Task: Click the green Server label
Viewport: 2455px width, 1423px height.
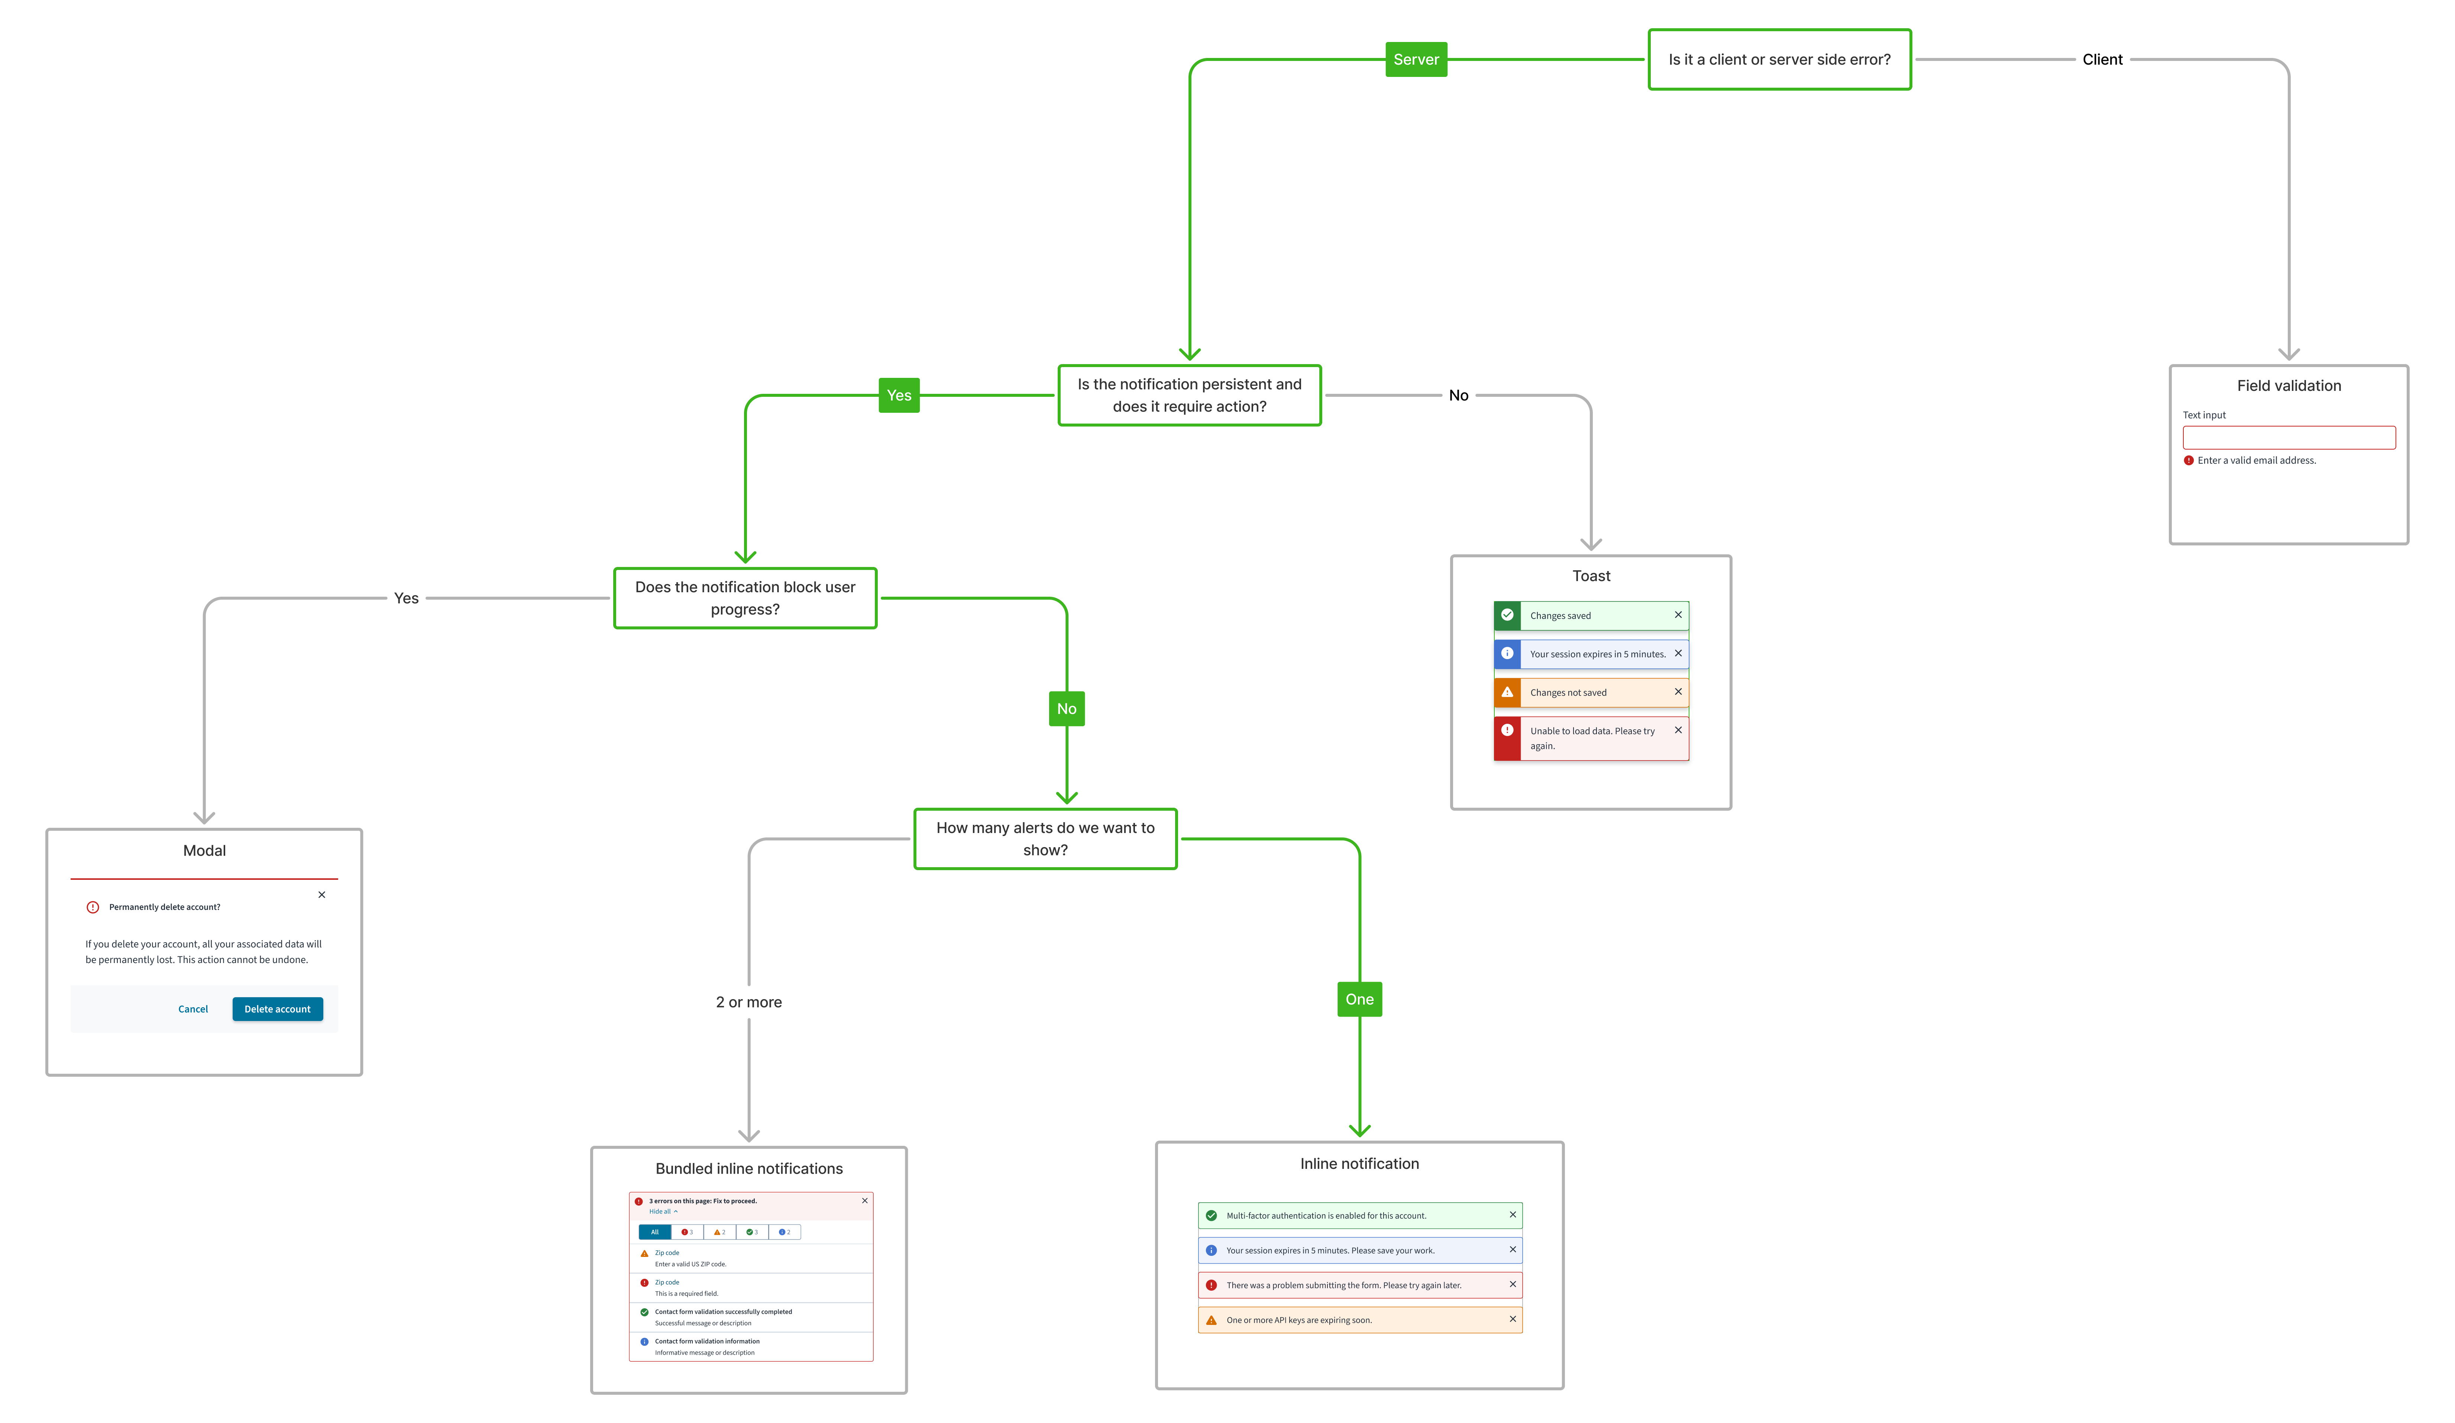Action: coord(1416,59)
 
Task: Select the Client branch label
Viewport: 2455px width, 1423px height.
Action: coord(2101,59)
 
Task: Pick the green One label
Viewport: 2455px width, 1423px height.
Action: coord(1359,999)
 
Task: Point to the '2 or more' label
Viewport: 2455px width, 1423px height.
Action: coord(748,1002)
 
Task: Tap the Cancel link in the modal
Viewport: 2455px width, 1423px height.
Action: coord(193,1009)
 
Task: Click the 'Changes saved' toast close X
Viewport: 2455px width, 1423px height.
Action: coord(1678,615)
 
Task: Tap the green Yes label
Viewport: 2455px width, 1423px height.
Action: coord(898,395)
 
